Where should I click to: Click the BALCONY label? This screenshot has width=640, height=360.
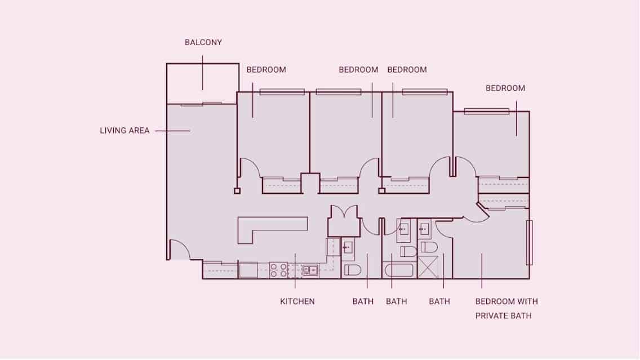(203, 42)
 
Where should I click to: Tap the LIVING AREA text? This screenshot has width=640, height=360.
(125, 131)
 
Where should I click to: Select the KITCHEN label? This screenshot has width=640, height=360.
(297, 301)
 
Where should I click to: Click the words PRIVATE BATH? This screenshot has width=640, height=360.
(503, 315)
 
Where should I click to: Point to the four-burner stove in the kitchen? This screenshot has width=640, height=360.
(278, 270)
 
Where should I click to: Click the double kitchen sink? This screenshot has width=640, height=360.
(310, 270)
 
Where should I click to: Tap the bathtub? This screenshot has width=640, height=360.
(400, 270)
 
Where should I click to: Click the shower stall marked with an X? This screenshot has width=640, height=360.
(428, 267)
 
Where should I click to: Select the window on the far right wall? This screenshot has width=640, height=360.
(529, 242)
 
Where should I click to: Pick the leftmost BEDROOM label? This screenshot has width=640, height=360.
(266, 70)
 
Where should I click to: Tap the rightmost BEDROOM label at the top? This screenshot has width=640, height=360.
(505, 88)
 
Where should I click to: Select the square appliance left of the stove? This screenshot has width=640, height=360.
(248, 270)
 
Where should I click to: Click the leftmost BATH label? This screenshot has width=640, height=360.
(363, 301)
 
